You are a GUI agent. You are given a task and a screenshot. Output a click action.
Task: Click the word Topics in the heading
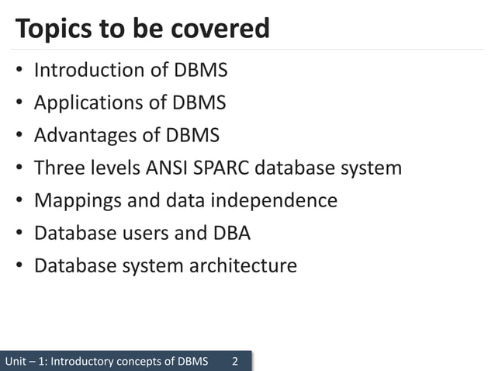[54, 29]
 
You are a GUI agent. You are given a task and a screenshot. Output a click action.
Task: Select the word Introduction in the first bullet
[88, 71]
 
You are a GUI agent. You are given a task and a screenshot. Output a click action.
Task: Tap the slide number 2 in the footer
[237, 362]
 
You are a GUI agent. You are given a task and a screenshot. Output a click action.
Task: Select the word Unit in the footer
[16, 362]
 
